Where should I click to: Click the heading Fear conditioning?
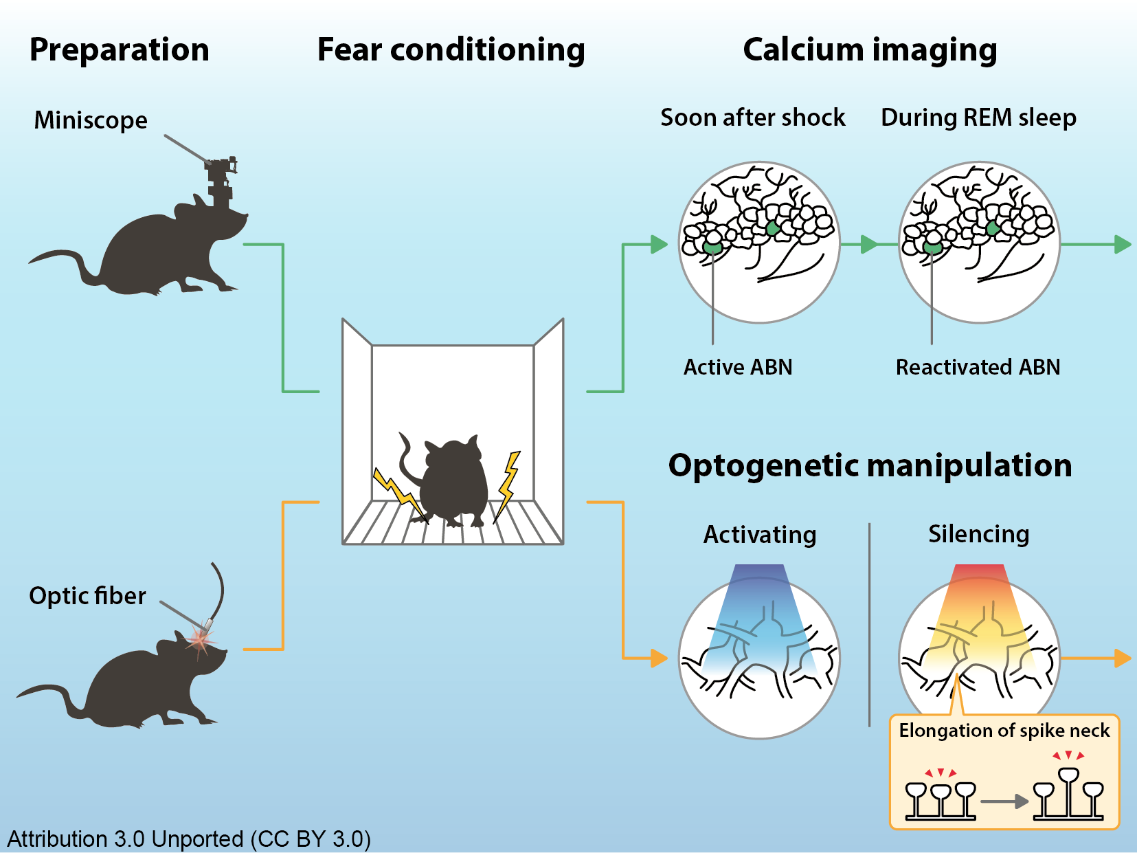pos(451,50)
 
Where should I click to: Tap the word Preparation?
pos(119,50)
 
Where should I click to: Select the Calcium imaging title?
pos(870,50)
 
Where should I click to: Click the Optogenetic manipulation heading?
pos(870,465)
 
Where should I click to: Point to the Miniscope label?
pos(91,120)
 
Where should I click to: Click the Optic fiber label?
pos(87,595)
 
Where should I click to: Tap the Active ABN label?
pos(738,367)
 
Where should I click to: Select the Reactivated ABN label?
pos(978,367)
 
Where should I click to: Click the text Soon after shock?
pos(753,118)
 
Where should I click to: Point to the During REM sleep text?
pos(978,118)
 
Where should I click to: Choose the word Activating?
pos(760,535)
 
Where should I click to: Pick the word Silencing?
pos(979,534)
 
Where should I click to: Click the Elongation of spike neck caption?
pos(1004,730)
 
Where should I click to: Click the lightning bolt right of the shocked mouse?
pos(508,485)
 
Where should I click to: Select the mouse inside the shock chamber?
pos(451,481)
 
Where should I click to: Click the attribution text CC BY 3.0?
pos(189,839)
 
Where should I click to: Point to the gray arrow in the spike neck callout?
pos(1004,801)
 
